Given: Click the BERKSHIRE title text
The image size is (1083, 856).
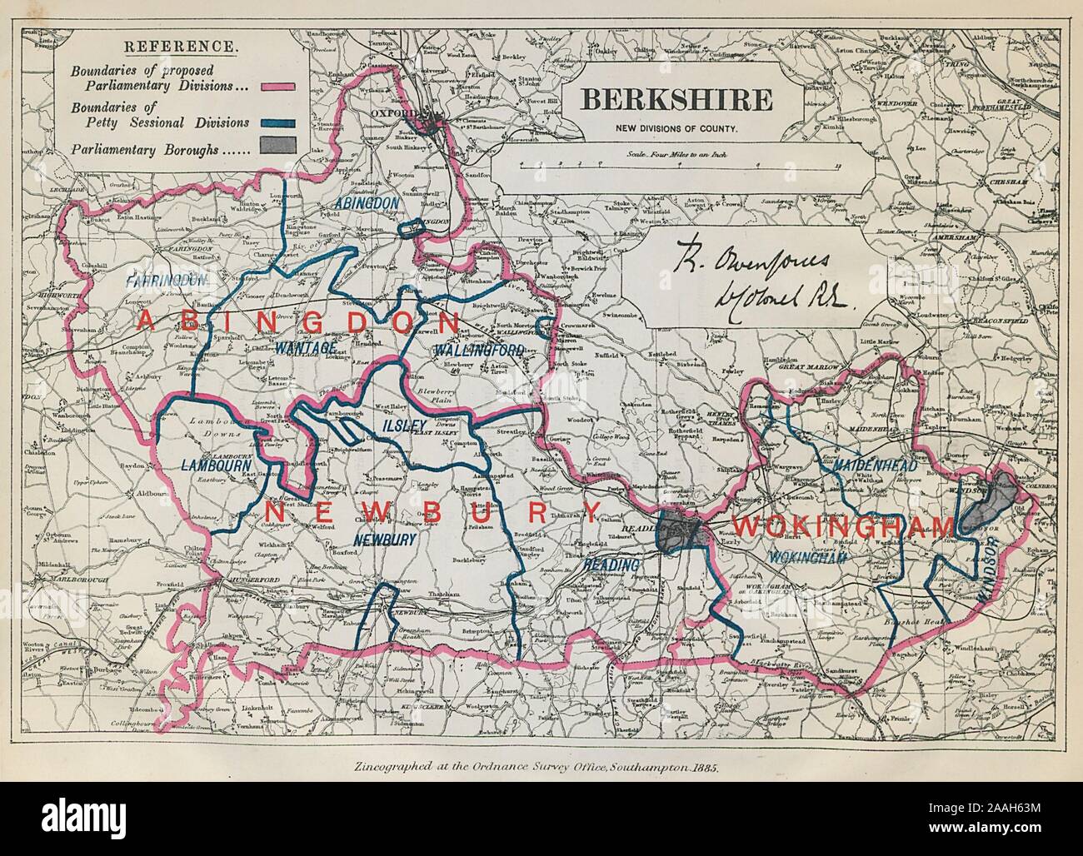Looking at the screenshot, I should [x=675, y=100].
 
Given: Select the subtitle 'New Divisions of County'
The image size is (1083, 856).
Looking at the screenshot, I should [x=676, y=127].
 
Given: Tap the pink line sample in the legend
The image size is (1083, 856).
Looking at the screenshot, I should [x=278, y=86].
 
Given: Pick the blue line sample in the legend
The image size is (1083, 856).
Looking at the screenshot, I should [x=278, y=122].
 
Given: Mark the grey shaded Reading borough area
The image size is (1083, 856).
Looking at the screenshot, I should [x=679, y=530].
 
